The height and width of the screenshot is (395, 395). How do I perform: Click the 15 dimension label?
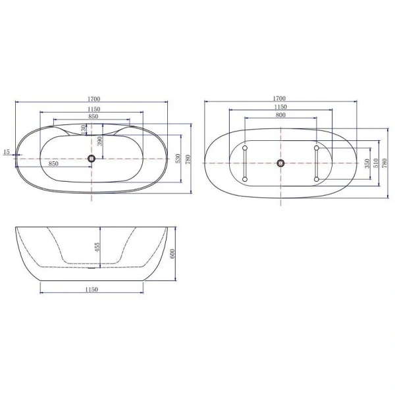click(x=6, y=152)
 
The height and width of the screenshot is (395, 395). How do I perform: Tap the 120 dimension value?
click(x=83, y=128)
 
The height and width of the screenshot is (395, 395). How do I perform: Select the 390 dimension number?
click(x=100, y=141)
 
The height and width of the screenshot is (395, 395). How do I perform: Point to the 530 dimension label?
click(x=177, y=158)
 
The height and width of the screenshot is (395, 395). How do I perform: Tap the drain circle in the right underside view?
click(x=281, y=163)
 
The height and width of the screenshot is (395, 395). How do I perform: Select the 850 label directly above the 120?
click(x=93, y=117)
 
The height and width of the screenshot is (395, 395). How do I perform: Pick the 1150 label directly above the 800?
click(x=280, y=107)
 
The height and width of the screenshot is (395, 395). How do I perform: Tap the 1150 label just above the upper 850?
click(x=93, y=109)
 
